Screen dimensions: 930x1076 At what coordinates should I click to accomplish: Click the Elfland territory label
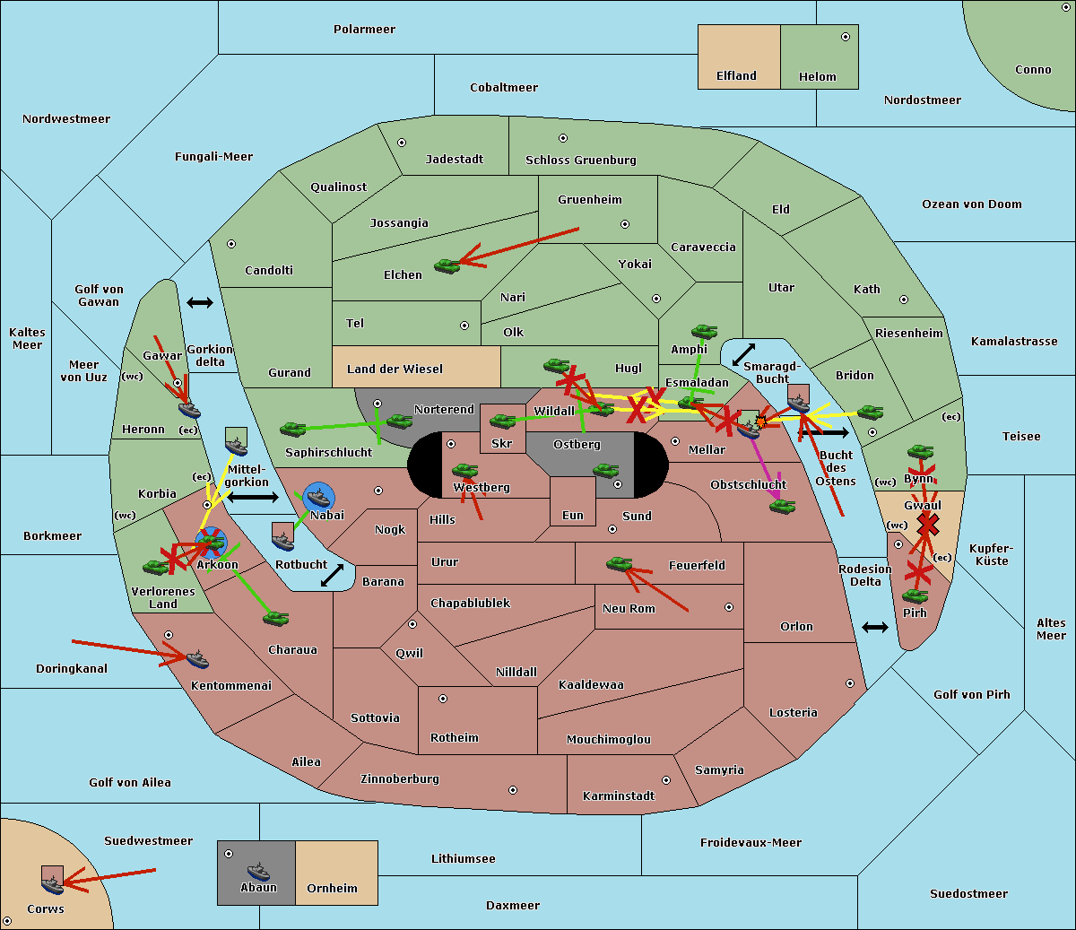[x=736, y=76]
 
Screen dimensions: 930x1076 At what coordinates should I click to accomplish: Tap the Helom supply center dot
[x=845, y=37]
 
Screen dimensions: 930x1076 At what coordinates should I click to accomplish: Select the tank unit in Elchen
[x=447, y=265]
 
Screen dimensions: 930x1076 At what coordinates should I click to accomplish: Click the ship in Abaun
[x=258, y=871]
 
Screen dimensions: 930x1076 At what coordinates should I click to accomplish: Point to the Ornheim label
[x=332, y=889]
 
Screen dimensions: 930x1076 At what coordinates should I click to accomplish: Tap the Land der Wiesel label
[x=395, y=369]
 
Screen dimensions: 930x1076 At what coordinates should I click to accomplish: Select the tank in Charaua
[x=275, y=618]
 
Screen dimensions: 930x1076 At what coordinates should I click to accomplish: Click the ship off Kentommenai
[x=196, y=660]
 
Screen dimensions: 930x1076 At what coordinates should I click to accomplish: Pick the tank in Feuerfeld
[x=619, y=564]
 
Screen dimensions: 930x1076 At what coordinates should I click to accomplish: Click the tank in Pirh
[x=915, y=596]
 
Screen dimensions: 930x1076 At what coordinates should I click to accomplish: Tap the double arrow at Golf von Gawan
[x=200, y=303]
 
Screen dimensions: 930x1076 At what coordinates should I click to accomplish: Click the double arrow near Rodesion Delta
[x=875, y=627]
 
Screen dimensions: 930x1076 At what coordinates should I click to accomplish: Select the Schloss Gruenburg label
[x=580, y=161]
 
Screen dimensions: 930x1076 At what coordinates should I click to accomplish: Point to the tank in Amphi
[x=704, y=332]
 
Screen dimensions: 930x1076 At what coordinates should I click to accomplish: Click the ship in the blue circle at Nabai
[x=319, y=496]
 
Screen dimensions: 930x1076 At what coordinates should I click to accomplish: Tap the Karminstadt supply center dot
[x=665, y=780]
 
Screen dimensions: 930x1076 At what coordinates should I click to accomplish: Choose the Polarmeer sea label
[x=364, y=30]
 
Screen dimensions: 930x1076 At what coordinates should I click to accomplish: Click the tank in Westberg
[x=464, y=470]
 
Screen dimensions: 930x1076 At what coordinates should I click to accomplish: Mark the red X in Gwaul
[x=929, y=523]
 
